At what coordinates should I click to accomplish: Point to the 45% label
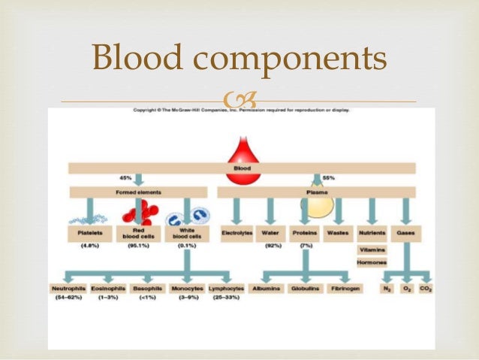[125, 178]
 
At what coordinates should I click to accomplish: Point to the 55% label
[329, 178]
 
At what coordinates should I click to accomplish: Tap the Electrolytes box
[238, 233]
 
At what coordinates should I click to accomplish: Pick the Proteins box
[304, 233]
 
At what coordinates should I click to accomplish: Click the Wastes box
[338, 233]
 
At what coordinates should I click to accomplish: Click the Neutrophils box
[65, 288]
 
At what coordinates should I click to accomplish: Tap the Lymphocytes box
[225, 288]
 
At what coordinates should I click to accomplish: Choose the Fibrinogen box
[346, 288]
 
